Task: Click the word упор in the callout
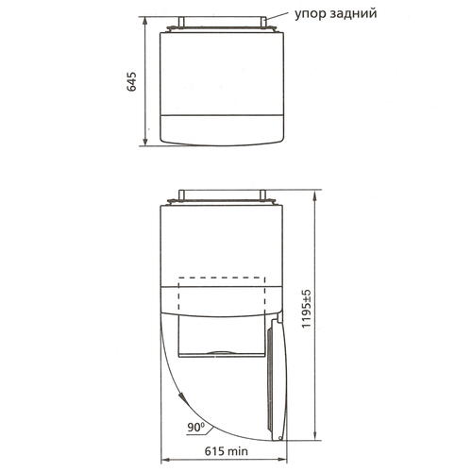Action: click(311, 14)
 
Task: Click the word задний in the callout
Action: click(354, 14)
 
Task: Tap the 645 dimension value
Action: click(132, 81)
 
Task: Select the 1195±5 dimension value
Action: click(306, 309)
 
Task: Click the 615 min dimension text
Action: click(227, 451)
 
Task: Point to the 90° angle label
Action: click(195, 427)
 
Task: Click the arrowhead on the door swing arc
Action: click(182, 396)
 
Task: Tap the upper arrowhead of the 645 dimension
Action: click(145, 21)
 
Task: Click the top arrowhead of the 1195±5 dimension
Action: click(314, 194)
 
